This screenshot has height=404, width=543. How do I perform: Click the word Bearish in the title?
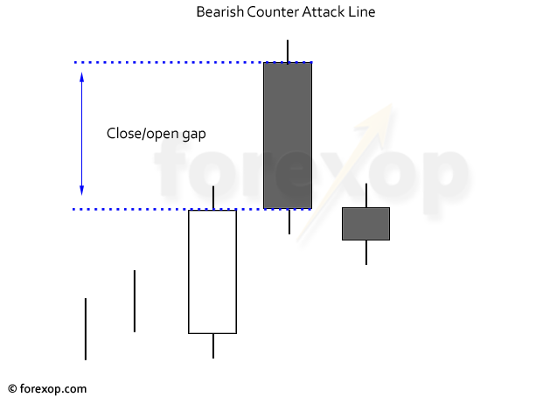(219, 11)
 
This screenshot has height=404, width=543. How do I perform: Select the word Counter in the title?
(273, 11)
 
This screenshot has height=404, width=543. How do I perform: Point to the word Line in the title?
(362, 11)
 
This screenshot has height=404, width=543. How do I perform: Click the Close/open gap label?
(157, 134)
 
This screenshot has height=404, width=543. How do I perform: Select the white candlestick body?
(212, 272)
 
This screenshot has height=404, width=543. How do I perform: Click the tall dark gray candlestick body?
(288, 136)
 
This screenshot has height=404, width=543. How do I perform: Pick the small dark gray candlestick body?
(366, 224)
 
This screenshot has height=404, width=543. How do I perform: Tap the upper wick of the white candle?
(213, 198)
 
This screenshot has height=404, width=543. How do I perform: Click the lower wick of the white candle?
(213, 345)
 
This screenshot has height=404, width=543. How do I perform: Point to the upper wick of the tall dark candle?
(288, 52)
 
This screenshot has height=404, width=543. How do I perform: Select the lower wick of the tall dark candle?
(289, 221)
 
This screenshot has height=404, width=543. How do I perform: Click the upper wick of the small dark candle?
(366, 196)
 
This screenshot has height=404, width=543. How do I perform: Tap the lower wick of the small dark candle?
(366, 253)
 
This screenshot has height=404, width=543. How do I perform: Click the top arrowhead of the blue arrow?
(81, 77)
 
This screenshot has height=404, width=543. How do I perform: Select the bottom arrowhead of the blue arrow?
(81, 191)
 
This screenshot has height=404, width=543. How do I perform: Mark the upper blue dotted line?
(193, 62)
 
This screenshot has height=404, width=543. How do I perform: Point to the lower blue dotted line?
(192, 209)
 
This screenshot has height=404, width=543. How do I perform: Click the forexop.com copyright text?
(47, 389)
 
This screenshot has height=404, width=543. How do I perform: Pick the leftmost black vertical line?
(86, 329)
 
